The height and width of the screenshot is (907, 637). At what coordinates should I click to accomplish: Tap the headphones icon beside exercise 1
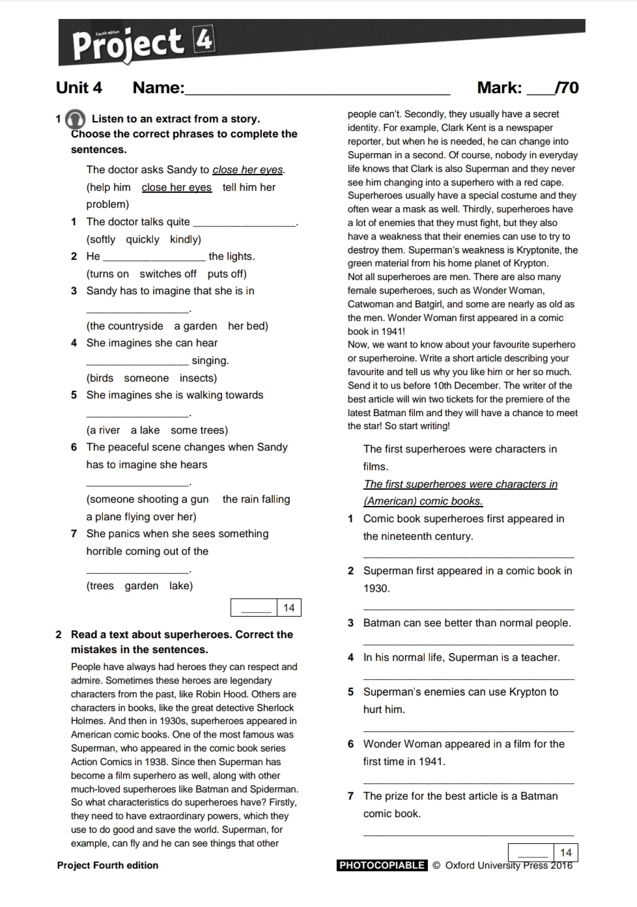click(x=76, y=119)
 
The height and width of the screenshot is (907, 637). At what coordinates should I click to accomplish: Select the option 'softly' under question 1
click(x=101, y=240)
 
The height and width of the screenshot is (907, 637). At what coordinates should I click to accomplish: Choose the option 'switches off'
click(x=167, y=274)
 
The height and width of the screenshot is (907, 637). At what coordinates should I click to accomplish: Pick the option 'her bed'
click(x=248, y=326)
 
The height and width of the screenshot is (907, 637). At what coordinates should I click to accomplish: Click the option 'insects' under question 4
click(x=198, y=378)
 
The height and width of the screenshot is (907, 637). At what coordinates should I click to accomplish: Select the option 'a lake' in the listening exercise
click(x=145, y=430)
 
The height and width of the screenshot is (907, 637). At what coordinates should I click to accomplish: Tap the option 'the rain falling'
click(x=256, y=499)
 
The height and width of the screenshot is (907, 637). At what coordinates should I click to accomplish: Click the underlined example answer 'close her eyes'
click(x=177, y=188)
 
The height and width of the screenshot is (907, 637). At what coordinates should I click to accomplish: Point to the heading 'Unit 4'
click(x=79, y=88)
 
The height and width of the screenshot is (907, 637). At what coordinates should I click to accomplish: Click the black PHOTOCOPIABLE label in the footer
click(x=382, y=865)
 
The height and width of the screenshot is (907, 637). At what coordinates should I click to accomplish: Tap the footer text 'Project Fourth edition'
click(x=107, y=865)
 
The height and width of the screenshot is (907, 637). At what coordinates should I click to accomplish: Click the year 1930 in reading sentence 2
click(x=376, y=589)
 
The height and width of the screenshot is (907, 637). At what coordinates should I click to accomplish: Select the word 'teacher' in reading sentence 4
click(x=539, y=658)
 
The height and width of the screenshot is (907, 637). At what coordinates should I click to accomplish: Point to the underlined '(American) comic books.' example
click(x=423, y=501)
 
